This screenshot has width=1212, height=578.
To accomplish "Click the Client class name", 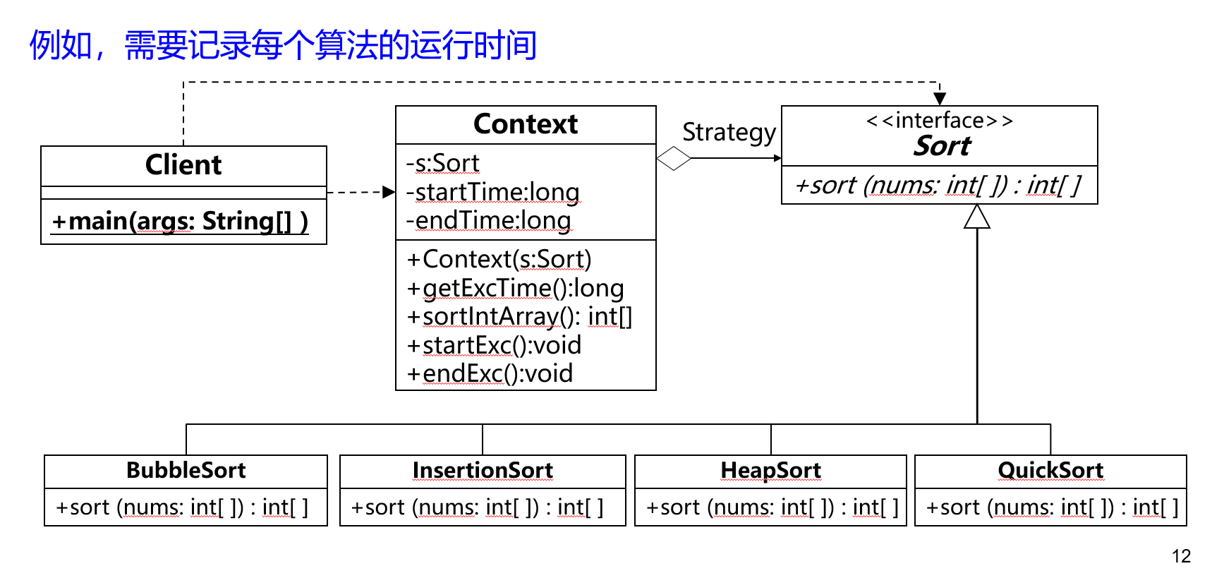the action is (183, 165).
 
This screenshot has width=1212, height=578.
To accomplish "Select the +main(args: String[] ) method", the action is (180, 222).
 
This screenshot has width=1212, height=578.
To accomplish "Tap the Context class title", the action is (526, 124).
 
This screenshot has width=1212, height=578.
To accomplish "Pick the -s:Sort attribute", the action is (443, 163).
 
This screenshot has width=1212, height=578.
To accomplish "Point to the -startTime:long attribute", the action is (493, 192).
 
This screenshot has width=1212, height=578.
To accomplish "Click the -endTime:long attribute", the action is (489, 220).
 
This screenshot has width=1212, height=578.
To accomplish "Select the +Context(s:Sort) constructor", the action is (499, 260).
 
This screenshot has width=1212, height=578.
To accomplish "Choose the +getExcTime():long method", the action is (516, 288).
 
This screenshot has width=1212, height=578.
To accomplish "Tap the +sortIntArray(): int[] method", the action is (520, 317).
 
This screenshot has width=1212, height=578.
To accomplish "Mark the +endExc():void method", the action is (490, 373).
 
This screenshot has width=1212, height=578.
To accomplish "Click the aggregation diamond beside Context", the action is (674, 158).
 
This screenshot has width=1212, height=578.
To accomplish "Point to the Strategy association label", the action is (729, 133).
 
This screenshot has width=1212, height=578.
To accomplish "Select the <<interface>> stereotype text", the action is (940, 121).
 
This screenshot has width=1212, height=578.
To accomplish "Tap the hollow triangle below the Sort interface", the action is (977, 217).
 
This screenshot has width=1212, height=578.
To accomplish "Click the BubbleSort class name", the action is (186, 470).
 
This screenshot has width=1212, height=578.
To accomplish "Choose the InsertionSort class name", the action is (483, 470).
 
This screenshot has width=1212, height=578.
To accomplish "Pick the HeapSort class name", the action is (771, 470).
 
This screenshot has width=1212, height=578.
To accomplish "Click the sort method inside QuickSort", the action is (1052, 507).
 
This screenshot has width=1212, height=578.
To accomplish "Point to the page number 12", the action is (1181, 556).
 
